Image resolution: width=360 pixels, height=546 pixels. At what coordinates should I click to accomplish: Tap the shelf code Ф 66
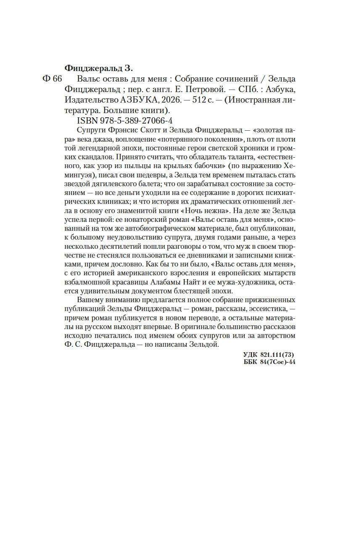53,79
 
